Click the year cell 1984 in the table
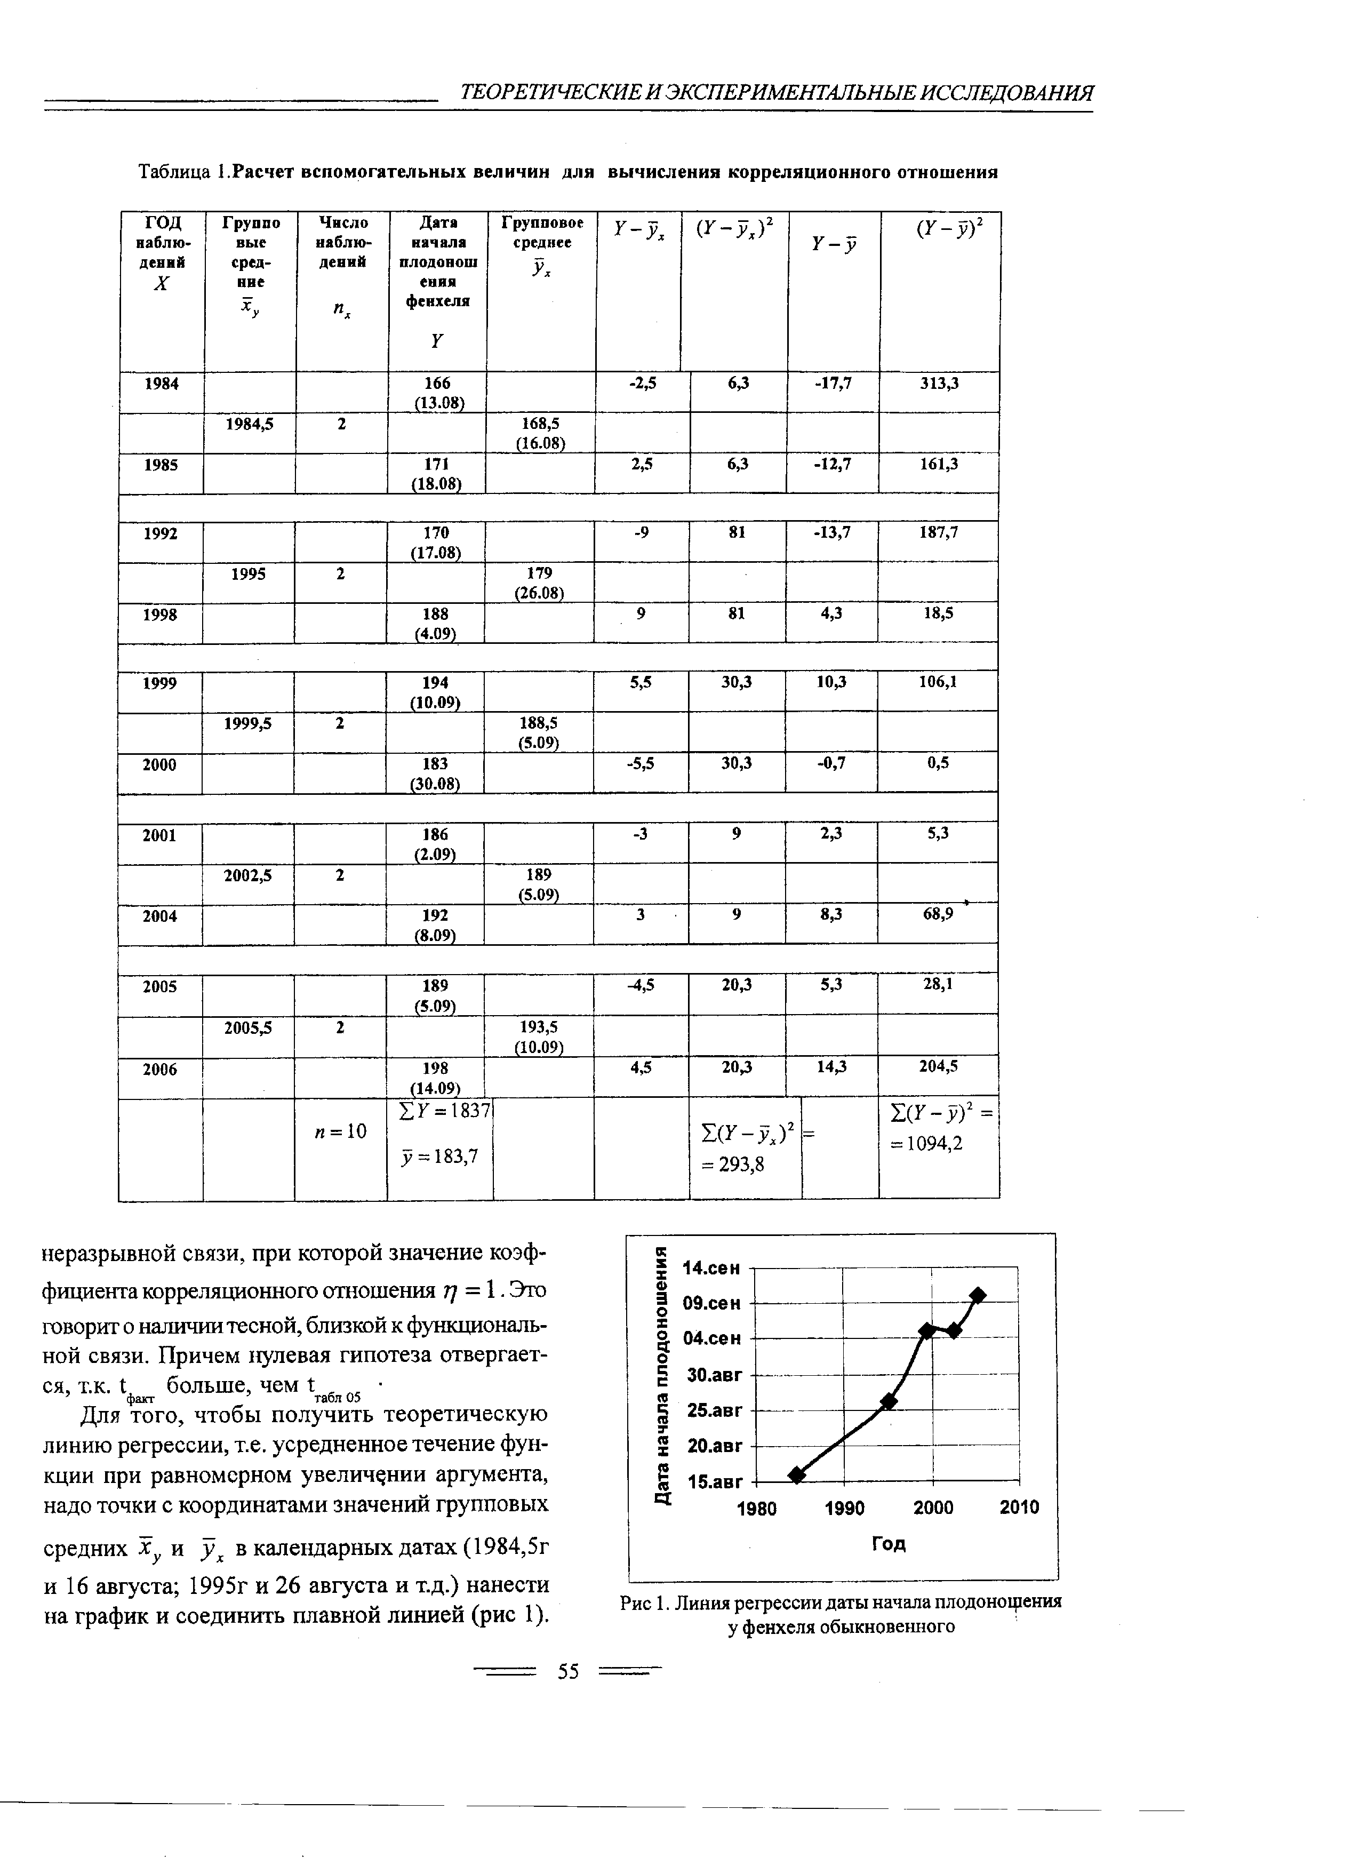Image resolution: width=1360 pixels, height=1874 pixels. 161,384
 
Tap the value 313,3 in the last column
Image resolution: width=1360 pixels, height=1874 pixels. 939,384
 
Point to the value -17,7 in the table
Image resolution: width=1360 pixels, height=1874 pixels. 832,384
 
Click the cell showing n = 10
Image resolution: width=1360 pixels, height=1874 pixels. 340,1130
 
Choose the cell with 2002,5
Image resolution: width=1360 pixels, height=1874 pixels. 248,875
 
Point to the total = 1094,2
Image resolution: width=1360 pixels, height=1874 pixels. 927,1144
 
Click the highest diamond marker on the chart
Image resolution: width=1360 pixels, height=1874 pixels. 978,1295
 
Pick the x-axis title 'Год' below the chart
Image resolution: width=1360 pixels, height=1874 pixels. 889,1543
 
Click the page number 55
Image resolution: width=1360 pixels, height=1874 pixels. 569,1672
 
